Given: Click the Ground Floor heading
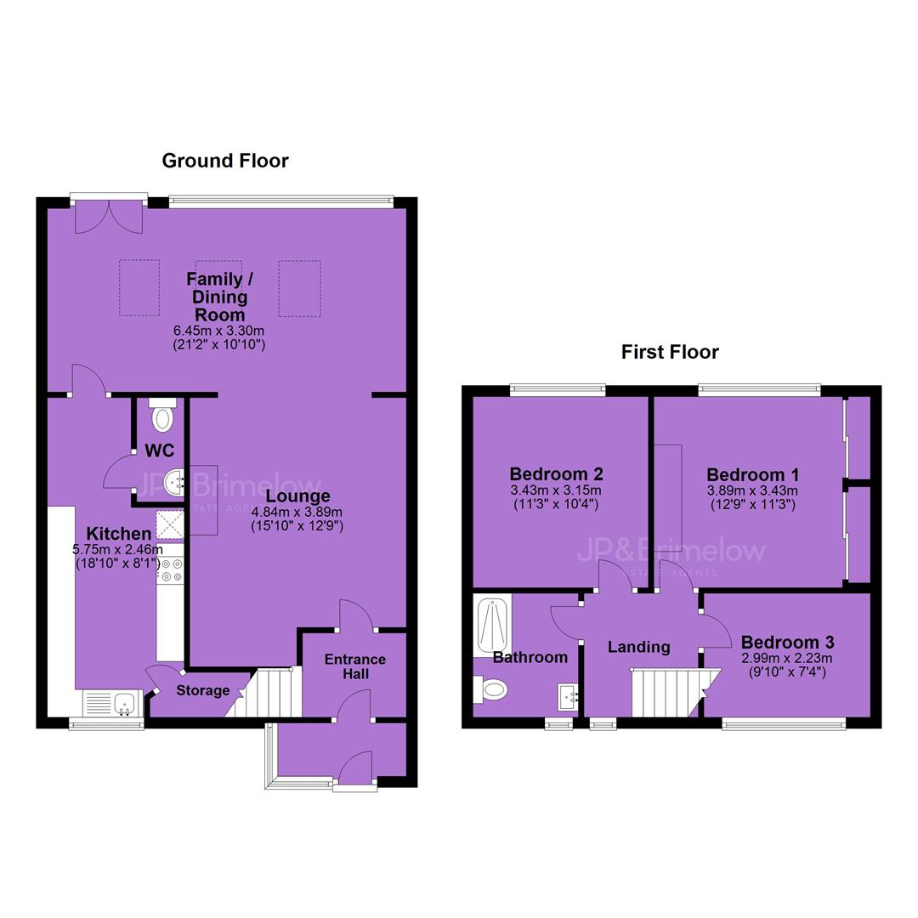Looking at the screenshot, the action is pyautogui.click(x=225, y=161).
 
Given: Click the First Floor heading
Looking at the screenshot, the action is pyautogui.click(x=670, y=352).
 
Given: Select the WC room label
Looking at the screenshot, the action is pyautogui.click(x=159, y=450).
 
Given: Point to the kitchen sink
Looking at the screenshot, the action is pyautogui.click(x=111, y=702).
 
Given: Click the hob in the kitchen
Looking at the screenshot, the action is pyautogui.click(x=170, y=569).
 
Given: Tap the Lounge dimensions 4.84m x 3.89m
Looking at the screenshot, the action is pyautogui.click(x=297, y=512).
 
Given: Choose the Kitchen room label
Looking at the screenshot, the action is pyautogui.click(x=119, y=533).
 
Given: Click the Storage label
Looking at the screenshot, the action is pyautogui.click(x=203, y=690).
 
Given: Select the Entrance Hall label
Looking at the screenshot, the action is pyautogui.click(x=355, y=666).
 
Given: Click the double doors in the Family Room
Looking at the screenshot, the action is pyautogui.click(x=109, y=217).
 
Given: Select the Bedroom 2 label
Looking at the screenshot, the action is pyautogui.click(x=556, y=473).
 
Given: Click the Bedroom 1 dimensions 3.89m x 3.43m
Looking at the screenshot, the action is pyautogui.click(x=752, y=490).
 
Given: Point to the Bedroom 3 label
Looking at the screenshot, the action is pyautogui.click(x=787, y=643).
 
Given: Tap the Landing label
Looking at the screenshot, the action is pyautogui.click(x=638, y=647).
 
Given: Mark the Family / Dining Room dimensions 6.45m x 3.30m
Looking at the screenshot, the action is pyautogui.click(x=219, y=331).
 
